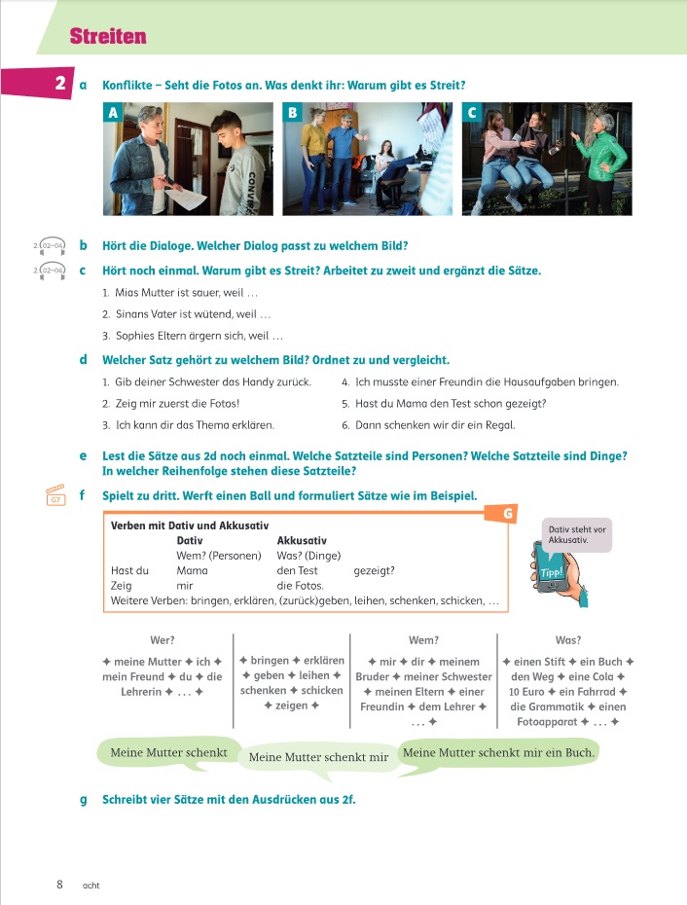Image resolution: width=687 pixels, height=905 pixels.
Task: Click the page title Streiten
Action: coord(108,37)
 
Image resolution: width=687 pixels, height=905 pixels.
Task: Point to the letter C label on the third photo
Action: coord(472,113)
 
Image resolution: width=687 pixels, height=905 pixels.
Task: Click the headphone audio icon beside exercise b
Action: coord(49,245)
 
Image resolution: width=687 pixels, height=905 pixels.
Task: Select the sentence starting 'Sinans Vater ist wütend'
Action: coord(186,314)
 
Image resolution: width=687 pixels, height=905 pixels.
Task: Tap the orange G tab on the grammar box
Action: coord(507,512)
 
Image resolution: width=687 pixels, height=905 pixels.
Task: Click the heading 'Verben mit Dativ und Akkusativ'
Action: coord(190,525)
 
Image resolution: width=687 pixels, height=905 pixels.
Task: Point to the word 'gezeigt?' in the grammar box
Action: coord(375,570)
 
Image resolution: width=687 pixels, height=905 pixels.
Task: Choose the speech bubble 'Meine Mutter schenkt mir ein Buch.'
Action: coord(498,752)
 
